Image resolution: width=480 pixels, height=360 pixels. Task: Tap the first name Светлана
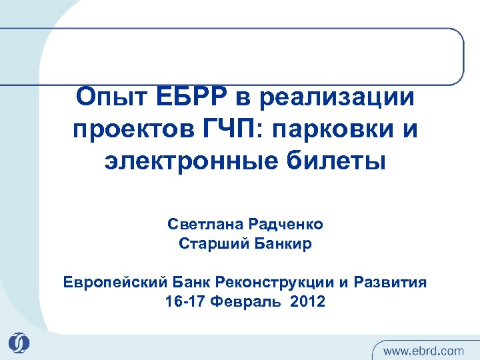point(201,225)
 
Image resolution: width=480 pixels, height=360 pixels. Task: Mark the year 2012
point(303,301)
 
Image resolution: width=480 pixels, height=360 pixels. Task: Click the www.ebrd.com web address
point(424,349)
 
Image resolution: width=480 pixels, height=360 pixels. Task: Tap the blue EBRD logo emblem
point(19,342)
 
